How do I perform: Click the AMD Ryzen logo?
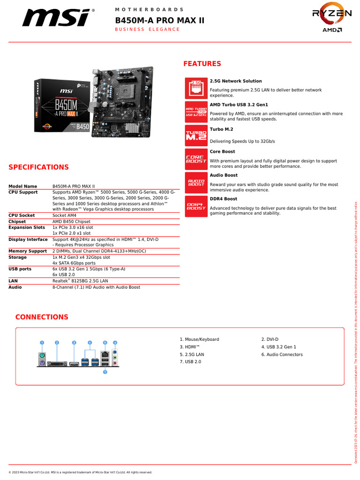(x=332, y=20)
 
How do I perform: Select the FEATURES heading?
(x=202, y=64)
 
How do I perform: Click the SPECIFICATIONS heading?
(x=38, y=167)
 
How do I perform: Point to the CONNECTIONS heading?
(x=42, y=317)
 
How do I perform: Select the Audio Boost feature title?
(x=224, y=175)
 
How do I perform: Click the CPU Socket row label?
(x=22, y=216)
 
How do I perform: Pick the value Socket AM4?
(x=65, y=216)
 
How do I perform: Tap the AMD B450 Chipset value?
(x=71, y=222)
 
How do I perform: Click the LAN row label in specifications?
(x=13, y=281)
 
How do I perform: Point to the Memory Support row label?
(x=28, y=251)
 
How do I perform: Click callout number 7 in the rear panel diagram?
(x=105, y=372)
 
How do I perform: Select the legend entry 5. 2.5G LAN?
(x=192, y=354)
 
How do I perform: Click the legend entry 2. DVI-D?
(x=270, y=339)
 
